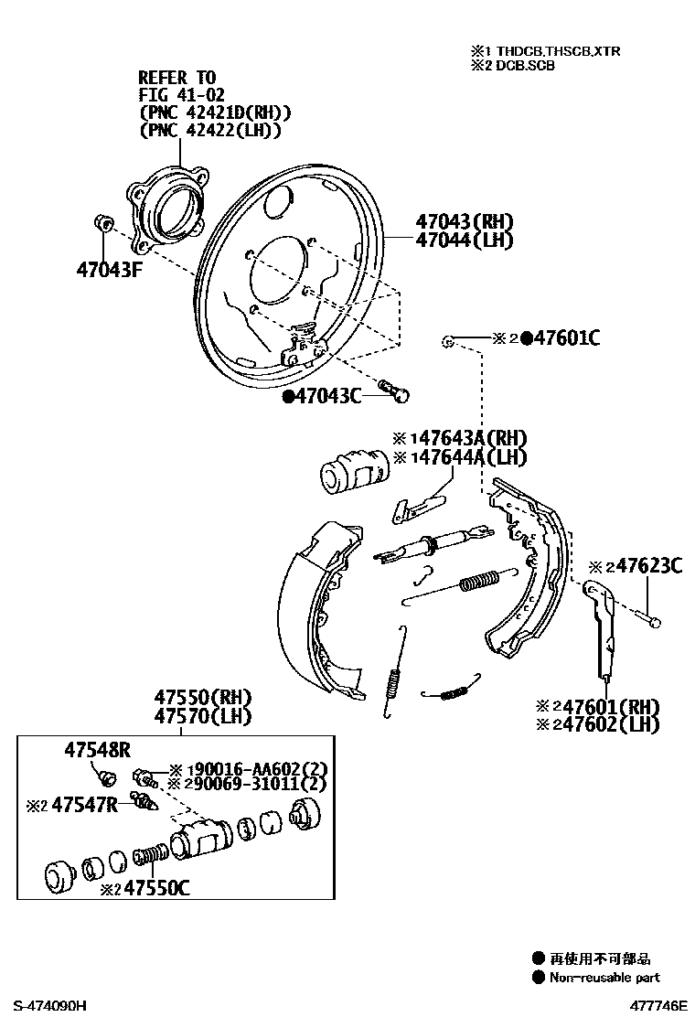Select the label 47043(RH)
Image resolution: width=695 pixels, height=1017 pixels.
464,221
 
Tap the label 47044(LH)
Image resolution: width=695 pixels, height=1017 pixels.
464,241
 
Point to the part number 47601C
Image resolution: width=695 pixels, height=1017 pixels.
566,338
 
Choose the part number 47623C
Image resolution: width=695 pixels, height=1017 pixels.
648,566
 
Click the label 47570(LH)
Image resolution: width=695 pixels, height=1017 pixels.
202,716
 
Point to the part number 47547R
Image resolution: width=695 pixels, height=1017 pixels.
85,805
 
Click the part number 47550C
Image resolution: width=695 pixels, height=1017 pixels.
156,887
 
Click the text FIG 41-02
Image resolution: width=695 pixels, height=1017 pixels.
181,94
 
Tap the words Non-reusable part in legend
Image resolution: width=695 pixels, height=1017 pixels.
605,977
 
